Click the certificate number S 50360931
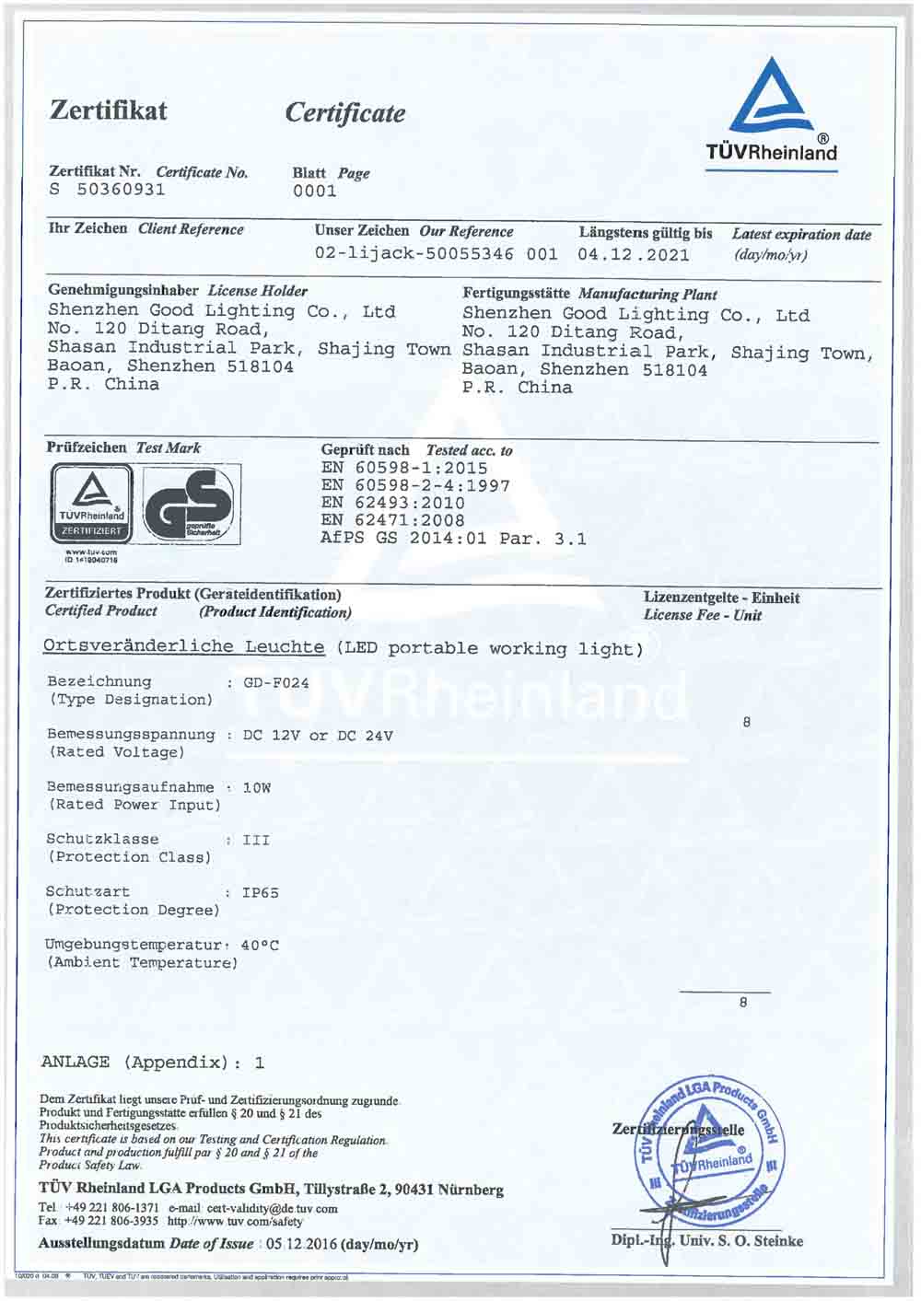108,190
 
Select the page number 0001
315,192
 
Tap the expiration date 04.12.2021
634,255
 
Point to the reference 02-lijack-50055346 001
436,254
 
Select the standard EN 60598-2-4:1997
415,485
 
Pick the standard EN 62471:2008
392,520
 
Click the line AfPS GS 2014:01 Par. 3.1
453,539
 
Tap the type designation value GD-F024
276,683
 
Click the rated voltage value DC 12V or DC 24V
318,736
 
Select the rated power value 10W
257,788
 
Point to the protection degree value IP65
261,893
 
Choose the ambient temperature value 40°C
260,946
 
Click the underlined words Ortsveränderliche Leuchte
184,646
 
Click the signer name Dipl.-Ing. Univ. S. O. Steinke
706,1241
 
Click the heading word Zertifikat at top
109,111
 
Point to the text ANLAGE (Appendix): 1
153,1063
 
